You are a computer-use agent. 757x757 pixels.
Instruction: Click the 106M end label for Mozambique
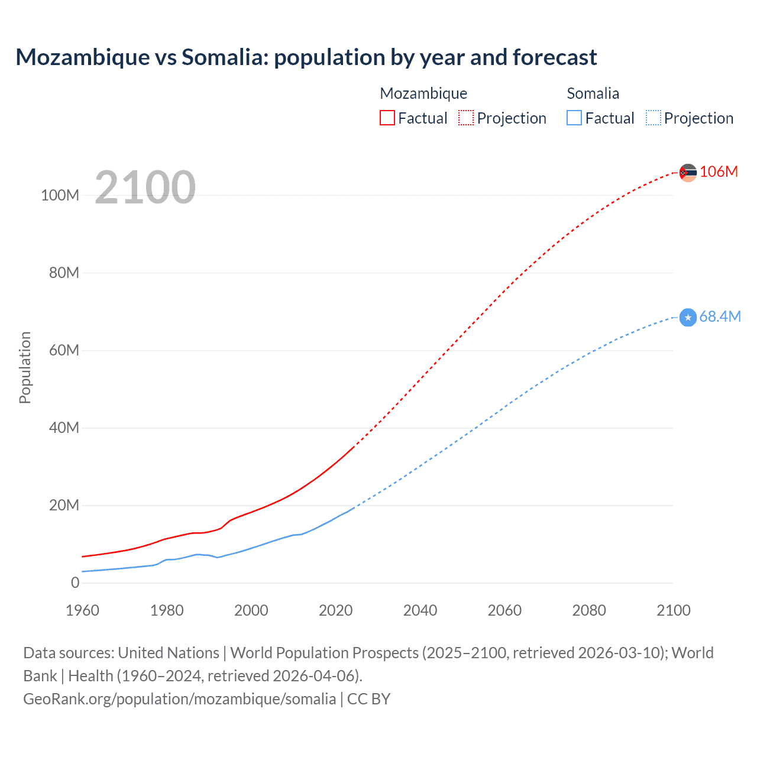719,172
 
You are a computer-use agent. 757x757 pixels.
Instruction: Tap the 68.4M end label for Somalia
720,316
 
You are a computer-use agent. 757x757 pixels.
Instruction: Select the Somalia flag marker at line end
688,318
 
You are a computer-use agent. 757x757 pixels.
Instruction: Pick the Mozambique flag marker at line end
688,173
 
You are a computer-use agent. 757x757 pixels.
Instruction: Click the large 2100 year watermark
145,187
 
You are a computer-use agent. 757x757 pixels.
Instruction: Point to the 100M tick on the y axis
60,195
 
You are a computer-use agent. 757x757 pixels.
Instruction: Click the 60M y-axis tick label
64,350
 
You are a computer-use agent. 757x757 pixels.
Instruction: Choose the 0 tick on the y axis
75,583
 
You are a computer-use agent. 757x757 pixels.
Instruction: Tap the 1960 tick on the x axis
82,610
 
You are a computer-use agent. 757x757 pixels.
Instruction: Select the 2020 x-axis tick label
335,610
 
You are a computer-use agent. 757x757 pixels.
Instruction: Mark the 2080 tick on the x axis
589,610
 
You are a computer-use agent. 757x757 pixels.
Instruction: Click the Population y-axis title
25,367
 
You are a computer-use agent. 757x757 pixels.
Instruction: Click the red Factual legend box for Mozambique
387,118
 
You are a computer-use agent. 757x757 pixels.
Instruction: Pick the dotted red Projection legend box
466,118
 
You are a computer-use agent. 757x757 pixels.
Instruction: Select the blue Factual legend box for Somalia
574,118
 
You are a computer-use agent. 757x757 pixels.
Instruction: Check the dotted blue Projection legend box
653,118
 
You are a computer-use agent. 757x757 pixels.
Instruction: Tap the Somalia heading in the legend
593,93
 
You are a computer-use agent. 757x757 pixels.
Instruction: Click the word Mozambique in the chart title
83,57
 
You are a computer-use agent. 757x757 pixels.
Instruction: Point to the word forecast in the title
555,57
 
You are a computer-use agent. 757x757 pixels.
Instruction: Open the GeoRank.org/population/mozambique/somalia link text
179,699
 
